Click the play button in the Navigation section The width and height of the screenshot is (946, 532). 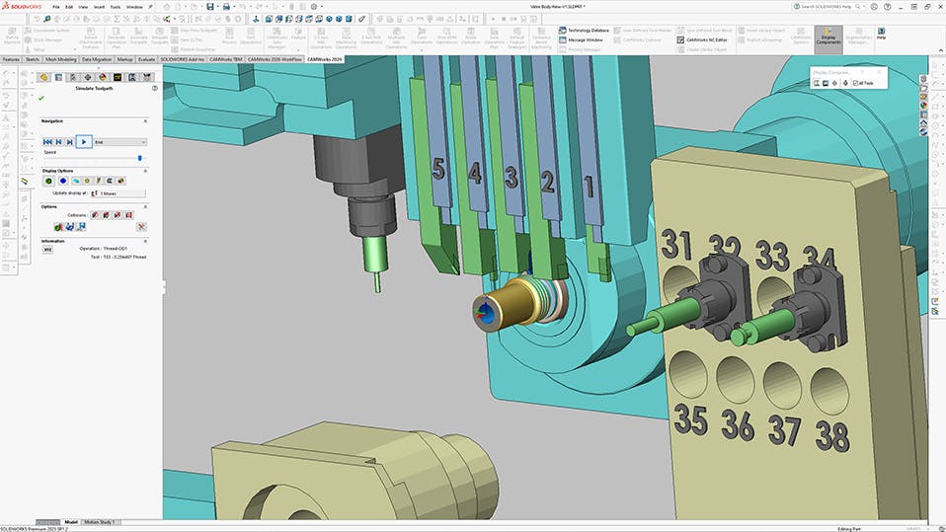tap(85, 142)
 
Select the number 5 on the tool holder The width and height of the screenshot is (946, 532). tap(437, 170)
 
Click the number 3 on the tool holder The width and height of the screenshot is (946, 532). tap(511, 178)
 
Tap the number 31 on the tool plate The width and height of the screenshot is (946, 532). tap(676, 243)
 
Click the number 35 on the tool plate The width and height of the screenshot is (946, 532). tap(690, 420)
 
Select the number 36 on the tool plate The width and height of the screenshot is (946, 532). tap(737, 425)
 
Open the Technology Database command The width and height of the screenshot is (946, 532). tap(588, 31)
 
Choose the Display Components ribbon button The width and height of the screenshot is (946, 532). tap(828, 37)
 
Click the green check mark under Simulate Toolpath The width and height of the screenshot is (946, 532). tap(40, 99)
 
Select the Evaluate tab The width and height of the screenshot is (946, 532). tap(146, 59)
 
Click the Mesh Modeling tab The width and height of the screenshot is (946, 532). tap(60, 59)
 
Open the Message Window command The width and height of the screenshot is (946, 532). tap(586, 39)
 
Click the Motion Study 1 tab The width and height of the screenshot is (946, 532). tap(99, 521)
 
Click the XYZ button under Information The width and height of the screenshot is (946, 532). tap(47, 249)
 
